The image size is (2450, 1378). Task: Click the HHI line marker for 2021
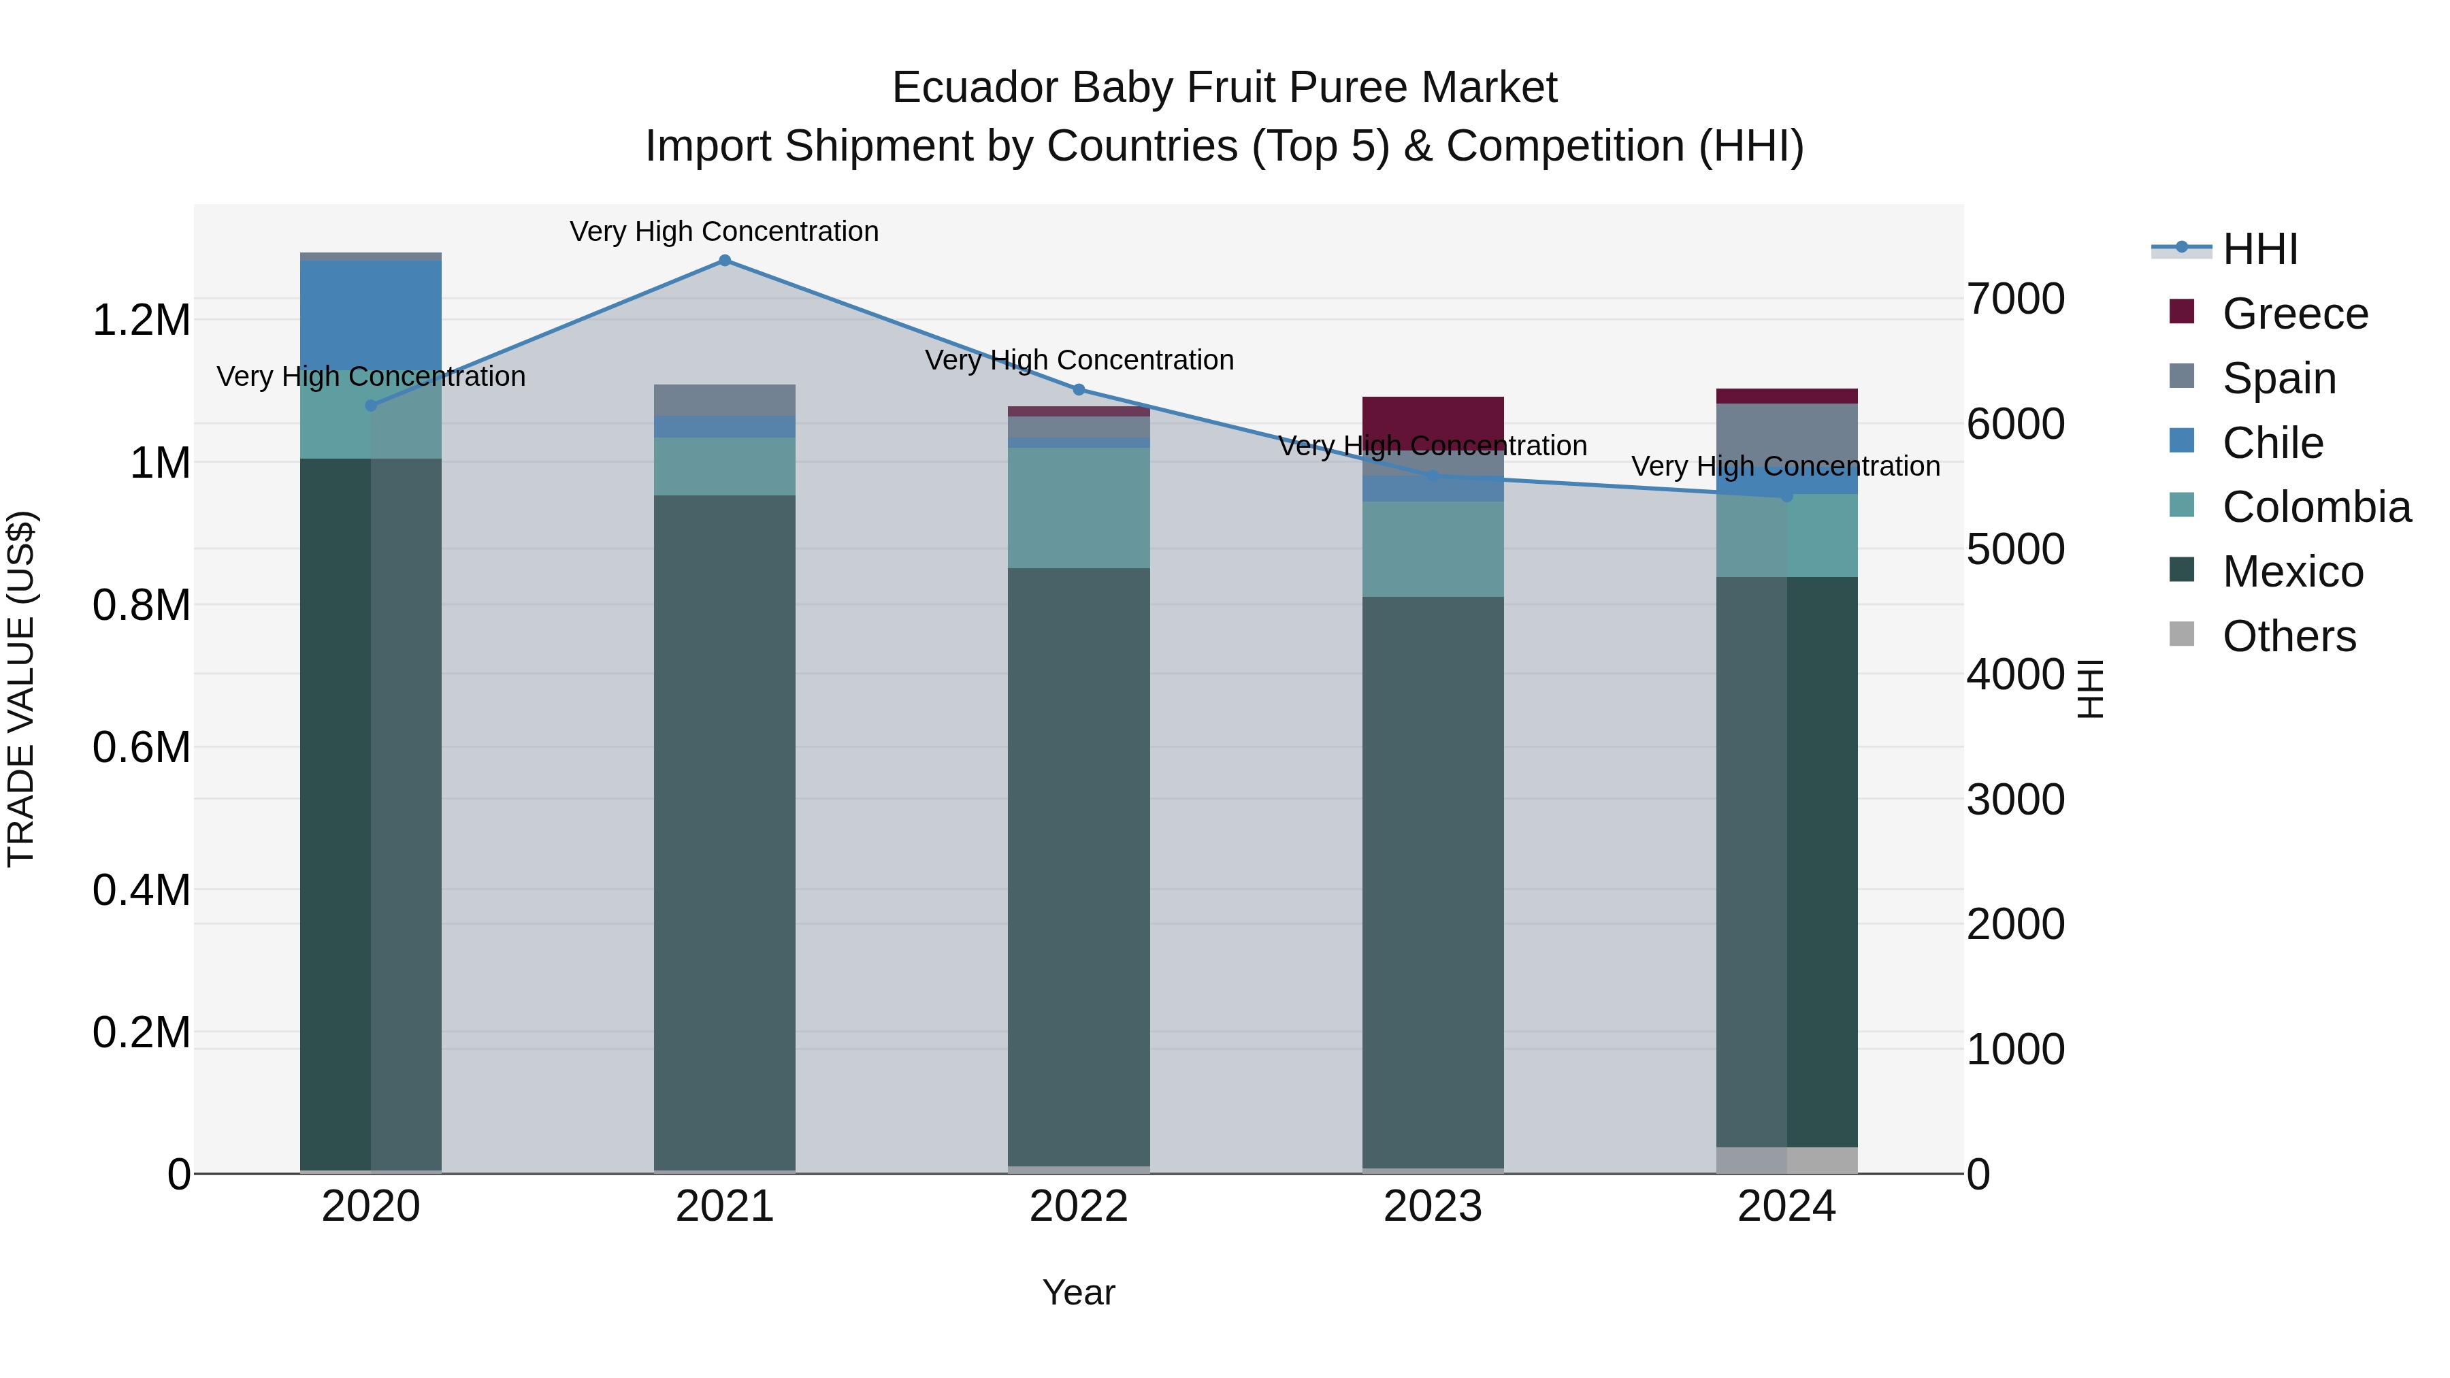725,261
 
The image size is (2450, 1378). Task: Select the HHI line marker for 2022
1079,390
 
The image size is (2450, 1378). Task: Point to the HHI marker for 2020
371,405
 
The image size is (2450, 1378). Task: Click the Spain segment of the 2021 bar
725,399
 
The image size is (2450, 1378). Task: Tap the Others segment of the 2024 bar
1786,1160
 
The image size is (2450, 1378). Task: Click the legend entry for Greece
2294,314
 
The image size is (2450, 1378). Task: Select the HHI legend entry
2259,249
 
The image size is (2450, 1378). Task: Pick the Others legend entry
2288,636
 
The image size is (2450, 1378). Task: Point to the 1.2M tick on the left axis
141,321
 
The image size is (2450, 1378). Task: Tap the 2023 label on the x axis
1433,1207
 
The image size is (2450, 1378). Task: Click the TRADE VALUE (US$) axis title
21,689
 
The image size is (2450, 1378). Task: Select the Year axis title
1079,1292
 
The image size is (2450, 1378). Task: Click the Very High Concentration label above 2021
724,231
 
